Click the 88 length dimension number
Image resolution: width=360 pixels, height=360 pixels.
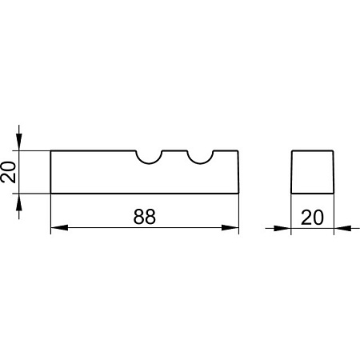pos(144,217)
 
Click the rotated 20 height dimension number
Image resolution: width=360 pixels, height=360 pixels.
pos(8,172)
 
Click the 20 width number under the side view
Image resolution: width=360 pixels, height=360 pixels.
pos(312,218)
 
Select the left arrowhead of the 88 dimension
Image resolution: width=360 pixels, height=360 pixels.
pos(59,228)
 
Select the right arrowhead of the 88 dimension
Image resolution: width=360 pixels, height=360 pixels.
pos(230,228)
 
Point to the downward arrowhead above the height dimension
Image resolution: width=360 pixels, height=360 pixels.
pos(18,142)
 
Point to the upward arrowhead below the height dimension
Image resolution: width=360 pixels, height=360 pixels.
pos(18,202)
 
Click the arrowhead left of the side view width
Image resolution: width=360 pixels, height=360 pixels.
pos(282,228)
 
